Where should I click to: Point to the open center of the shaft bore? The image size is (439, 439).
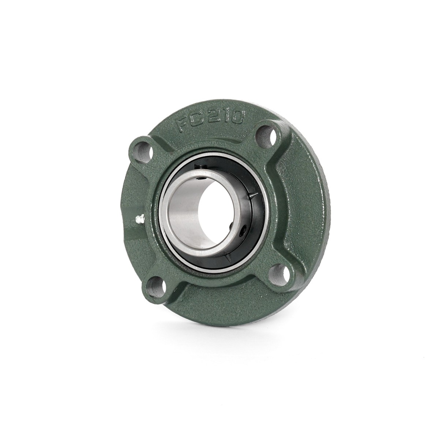click(x=209, y=214)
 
